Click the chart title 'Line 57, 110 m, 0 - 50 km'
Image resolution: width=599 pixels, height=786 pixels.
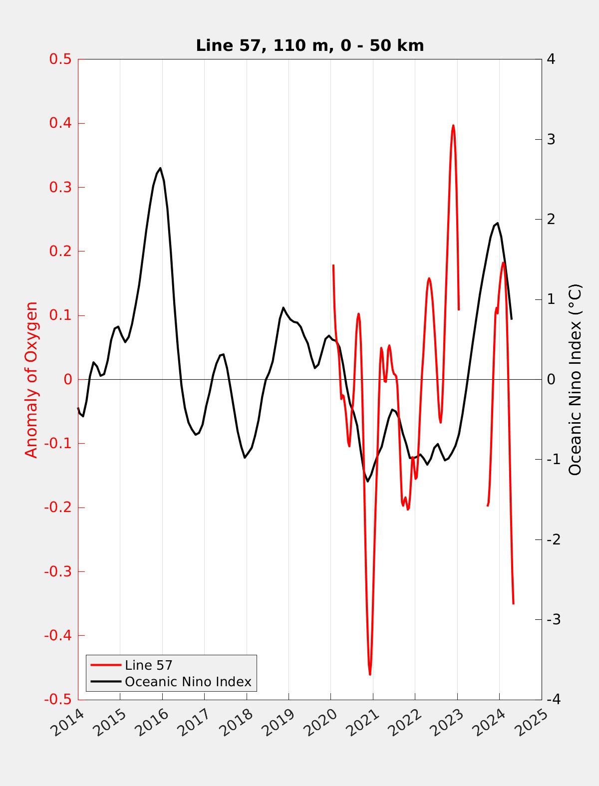coord(309,45)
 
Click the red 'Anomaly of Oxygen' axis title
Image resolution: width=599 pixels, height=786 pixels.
coord(31,379)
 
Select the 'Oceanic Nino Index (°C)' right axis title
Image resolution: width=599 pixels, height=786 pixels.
coord(575,379)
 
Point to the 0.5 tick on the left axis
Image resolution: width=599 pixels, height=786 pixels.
coord(60,59)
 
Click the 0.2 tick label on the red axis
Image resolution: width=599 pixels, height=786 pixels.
coord(60,251)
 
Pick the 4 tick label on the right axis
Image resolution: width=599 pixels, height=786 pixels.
coord(551,59)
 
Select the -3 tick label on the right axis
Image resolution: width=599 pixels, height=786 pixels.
coord(553,619)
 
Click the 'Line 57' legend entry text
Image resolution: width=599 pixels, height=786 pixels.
coord(148,665)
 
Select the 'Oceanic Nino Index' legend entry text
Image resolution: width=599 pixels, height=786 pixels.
coord(188,682)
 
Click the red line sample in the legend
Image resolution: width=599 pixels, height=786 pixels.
coord(105,665)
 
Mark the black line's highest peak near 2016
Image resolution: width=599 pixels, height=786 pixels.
coord(160,168)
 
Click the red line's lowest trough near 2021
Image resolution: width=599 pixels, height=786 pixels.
coord(370,674)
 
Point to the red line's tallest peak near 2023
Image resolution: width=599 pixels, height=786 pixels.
coord(453,125)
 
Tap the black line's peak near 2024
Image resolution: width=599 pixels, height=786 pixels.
coord(497,223)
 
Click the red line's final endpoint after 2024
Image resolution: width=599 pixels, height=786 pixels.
coord(513,604)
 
